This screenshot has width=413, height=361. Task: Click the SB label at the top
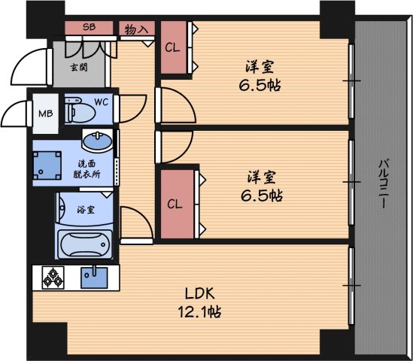pos(89,28)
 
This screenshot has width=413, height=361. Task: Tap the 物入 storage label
pos(135,29)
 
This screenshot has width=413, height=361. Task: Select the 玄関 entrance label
pos(77,67)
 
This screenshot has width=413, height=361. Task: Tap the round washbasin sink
pos(98,141)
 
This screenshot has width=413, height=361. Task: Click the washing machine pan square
pos(49,165)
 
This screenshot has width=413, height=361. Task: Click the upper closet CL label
pos(172,48)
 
